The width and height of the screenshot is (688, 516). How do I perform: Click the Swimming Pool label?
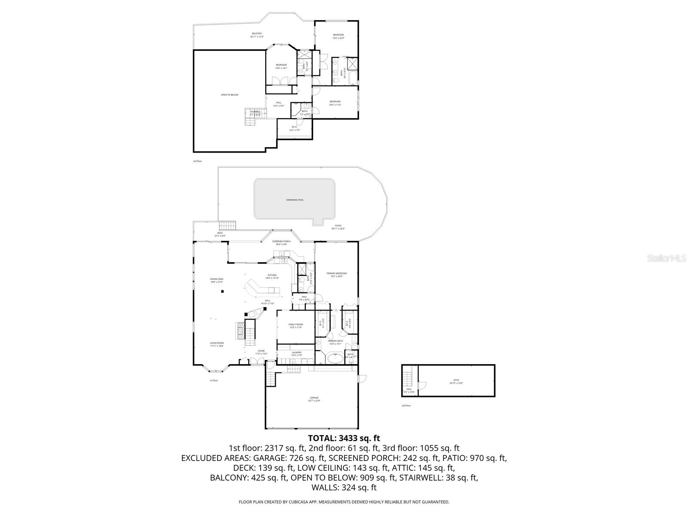pos(295,200)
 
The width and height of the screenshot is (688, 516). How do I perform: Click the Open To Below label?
pos(230,95)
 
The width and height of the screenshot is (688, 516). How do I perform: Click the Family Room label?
pos(295,326)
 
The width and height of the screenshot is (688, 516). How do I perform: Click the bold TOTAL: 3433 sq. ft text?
pos(344,438)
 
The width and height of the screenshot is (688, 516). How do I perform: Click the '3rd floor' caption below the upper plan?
pos(197,161)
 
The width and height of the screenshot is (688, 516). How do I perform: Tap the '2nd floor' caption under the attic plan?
pos(406,405)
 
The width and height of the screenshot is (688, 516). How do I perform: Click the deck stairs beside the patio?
pos(228,226)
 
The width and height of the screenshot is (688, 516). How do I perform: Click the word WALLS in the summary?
pos(325,488)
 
